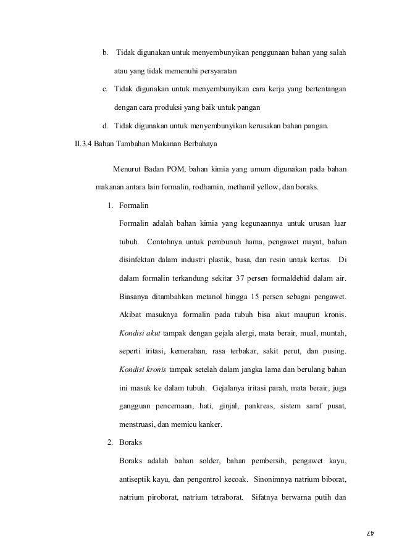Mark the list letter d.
tap(105, 128)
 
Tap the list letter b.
tap(105, 51)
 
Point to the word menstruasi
tap(139, 424)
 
